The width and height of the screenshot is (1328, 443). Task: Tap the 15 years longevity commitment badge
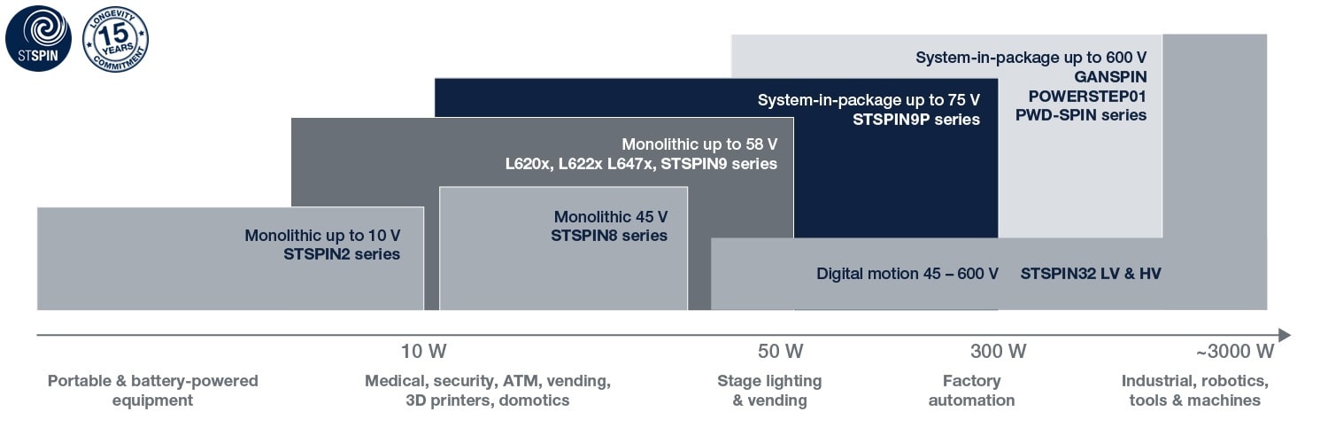coord(115,38)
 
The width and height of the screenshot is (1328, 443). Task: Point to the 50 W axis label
coord(781,351)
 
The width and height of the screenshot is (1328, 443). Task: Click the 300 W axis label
coord(998,351)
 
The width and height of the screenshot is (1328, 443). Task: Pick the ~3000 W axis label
coord(1234,351)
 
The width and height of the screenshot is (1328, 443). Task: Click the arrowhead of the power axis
coord(1285,335)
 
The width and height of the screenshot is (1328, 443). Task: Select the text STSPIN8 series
coord(609,236)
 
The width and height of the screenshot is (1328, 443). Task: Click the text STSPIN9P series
coord(916,119)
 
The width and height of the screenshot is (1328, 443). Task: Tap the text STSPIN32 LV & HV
coord(1090,274)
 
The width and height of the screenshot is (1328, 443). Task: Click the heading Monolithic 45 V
coord(610,216)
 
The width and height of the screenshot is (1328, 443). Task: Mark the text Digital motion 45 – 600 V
coord(907,274)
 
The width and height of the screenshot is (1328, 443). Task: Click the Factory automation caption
coord(971,390)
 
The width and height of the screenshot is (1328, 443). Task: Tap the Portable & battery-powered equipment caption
coord(152,390)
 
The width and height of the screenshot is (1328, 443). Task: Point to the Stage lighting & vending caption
coord(769,390)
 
